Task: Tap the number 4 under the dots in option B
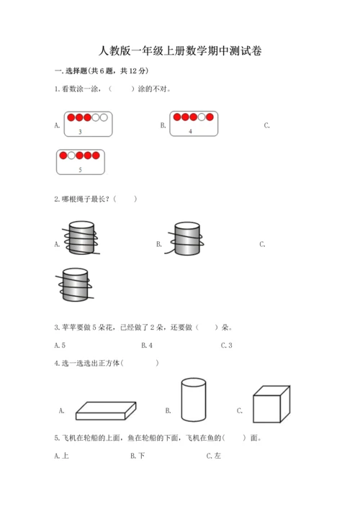coord(190,131)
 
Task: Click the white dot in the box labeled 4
coord(202,117)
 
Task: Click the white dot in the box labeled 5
coord(71,155)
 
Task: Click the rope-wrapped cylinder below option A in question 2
coord(75,284)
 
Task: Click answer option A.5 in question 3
coord(60,346)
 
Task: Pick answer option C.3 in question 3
coord(226,346)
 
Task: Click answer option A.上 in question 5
coord(61,455)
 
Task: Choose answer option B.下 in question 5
coord(138,455)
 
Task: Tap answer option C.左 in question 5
coord(213,455)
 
